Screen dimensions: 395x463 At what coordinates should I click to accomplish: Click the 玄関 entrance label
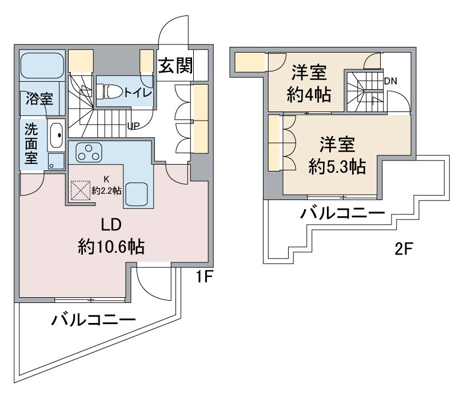point(175,66)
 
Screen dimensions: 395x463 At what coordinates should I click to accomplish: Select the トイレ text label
point(137,91)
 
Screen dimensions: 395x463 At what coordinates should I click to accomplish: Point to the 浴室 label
point(39,99)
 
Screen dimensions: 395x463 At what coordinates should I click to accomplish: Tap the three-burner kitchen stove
point(89,153)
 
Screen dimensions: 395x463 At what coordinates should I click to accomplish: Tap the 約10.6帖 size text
point(111,246)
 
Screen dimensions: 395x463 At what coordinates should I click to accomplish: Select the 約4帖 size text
point(309,94)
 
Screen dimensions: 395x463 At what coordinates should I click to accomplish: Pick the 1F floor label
point(205,278)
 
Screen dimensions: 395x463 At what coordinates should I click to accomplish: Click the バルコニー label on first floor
point(94,320)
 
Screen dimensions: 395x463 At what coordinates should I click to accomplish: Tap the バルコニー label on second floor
point(343,216)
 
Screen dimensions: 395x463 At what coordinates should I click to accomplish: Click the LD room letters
point(111,223)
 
